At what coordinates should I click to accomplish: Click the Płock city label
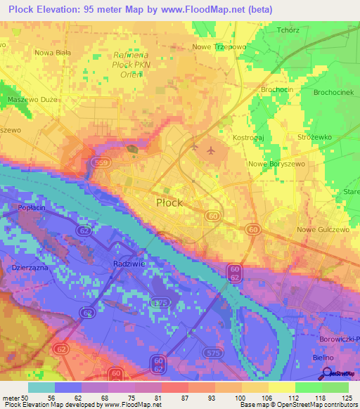coord(169,202)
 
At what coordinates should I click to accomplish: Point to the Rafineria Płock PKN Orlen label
coord(128,65)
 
